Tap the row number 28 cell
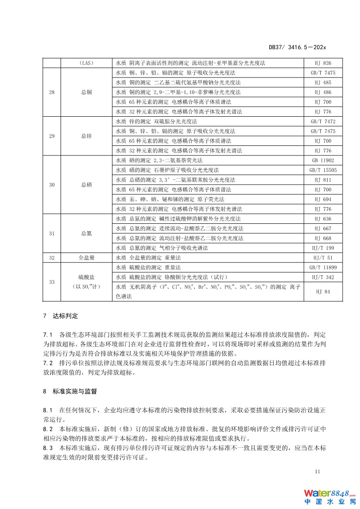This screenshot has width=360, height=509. point(52,92)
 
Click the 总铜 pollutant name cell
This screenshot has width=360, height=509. point(86,92)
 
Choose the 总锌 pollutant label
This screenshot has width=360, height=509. point(86,136)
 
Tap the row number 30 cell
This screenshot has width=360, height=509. point(52,185)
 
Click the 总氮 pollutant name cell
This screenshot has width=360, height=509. point(86,233)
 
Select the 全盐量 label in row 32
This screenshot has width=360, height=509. point(86,258)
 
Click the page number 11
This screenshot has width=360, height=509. point(317,472)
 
